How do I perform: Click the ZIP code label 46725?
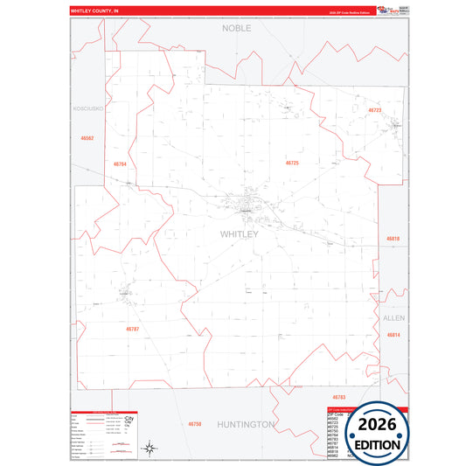click(x=292, y=163)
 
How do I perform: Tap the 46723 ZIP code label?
click(x=374, y=111)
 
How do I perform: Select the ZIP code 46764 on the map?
click(x=121, y=164)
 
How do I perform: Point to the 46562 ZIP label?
click(x=87, y=138)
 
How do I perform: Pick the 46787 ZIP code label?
click(x=132, y=329)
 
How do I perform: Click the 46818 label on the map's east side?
click(x=393, y=239)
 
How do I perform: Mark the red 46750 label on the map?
click(x=195, y=424)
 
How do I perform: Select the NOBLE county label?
click(x=237, y=28)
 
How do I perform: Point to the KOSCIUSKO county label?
click(x=87, y=108)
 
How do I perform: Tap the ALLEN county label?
click(x=393, y=318)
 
